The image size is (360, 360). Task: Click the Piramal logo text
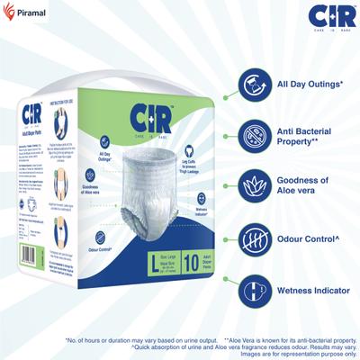pos(29,13)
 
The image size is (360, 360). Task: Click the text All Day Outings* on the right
pos(310,85)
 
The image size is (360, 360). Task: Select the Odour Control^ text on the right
pos(310,240)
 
